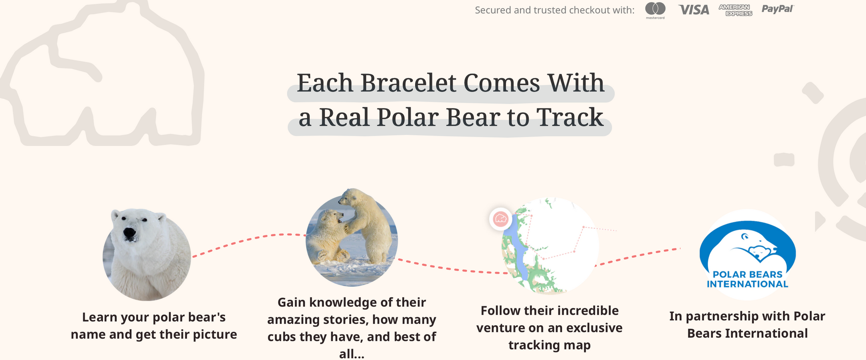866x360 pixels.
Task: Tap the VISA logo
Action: click(x=694, y=10)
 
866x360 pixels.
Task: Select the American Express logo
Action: click(x=735, y=10)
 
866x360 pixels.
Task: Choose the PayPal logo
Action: click(x=777, y=9)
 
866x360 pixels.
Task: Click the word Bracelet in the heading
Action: click(x=408, y=83)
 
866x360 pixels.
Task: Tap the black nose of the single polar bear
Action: click(x=129, y=233)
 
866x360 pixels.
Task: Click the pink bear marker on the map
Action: click(x=501, y=219)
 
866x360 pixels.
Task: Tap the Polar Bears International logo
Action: click(x=748, y=254)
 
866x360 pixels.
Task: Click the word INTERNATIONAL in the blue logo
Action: click(x=748, y=284)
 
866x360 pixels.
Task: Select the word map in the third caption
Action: click(x=578, y=346)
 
